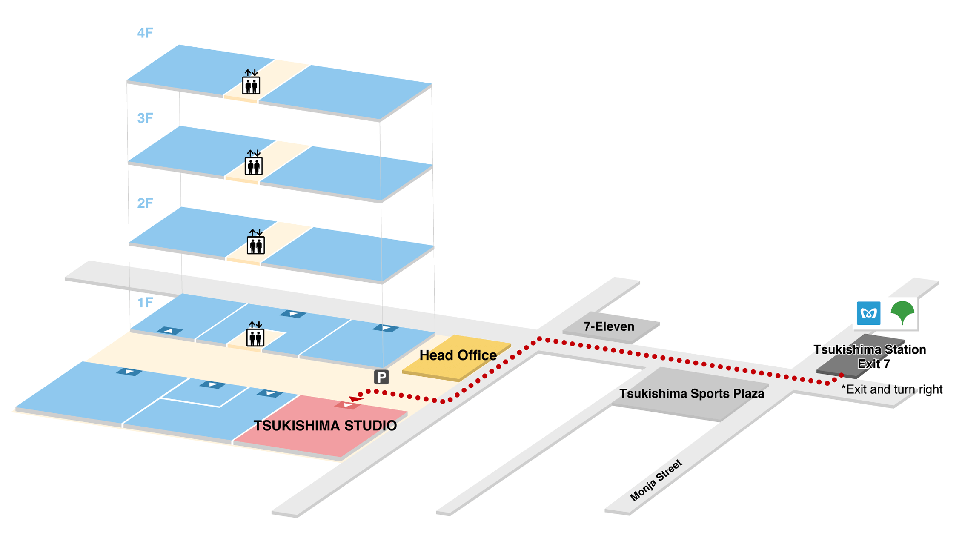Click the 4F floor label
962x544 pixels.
point(145,33)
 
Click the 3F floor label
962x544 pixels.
point(145,118)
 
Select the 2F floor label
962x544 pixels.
point(145,203)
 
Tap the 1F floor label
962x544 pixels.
point(145,303)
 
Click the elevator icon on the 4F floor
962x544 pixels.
point(251,83)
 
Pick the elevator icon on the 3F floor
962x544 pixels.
point(254,163)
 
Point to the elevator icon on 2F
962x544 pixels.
point(256,242)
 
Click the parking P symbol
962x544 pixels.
point(381,377)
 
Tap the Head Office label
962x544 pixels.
point(458,355)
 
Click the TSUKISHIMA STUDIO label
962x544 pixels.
point(325,426)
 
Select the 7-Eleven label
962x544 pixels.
point(609,326)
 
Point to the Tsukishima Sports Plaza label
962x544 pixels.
point(692,394)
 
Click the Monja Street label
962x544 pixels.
point(656,481)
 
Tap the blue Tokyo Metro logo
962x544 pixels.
point(868,313)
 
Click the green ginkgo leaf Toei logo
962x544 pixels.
point(902,312)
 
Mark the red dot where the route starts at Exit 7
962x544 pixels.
point(842,375)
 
